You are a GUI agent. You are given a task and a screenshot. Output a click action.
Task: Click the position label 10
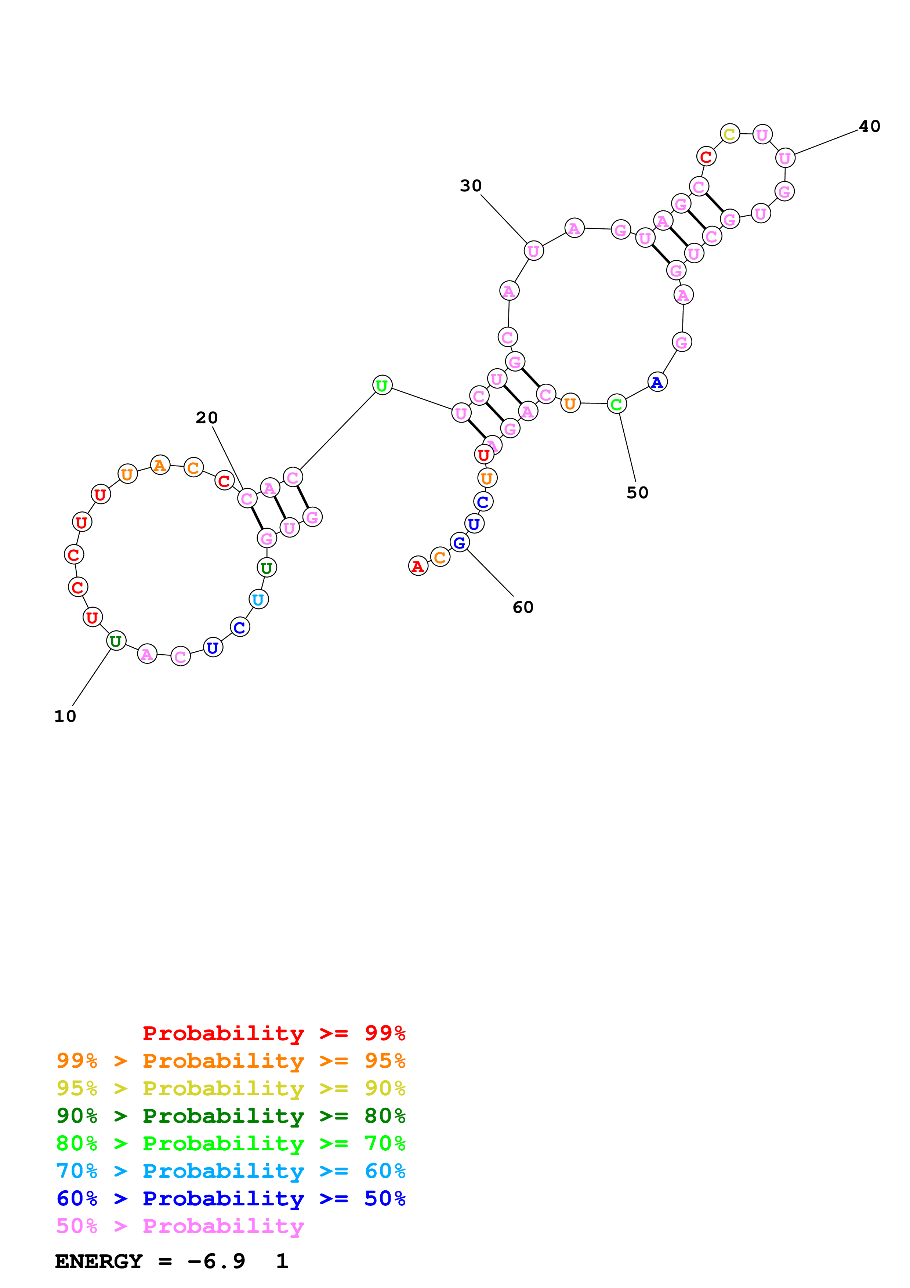pyautogui.click(x=65, y=716)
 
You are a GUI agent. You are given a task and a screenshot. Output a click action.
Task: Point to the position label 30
pyautogui.click(x=471, y=186)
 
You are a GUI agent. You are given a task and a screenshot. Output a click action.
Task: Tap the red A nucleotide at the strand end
pyautogui.click(x=418, y=566)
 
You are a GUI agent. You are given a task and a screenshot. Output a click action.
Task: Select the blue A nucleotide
pyautogui.click(x=657, y=383)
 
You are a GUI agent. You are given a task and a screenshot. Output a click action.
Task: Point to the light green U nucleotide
pyautogui.click(x=382, y=386)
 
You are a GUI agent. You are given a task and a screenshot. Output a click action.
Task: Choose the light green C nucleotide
pyautogui.click(x=616, y=404)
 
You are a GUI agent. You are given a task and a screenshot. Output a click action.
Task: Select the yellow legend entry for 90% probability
pyautogui.click(x=231, y=1088)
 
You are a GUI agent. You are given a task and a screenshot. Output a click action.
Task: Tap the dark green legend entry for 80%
pyautogui.click(x=231, y=1116)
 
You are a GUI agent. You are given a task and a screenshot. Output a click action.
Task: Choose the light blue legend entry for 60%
pyautogui.click(x=231, y=1171)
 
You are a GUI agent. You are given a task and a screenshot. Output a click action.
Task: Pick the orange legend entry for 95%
pyautogui.click(x=231, y=1061)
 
